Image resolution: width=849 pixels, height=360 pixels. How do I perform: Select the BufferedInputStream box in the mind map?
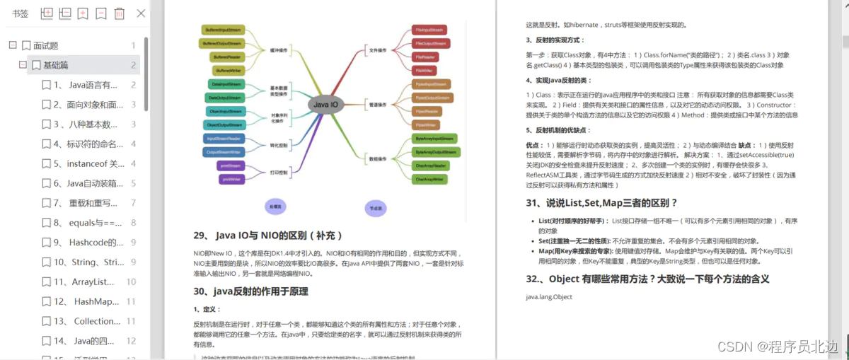click(223, 30)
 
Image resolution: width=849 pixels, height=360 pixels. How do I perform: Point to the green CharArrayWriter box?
click(429, 180)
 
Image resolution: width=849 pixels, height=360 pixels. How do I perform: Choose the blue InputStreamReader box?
click(224, 139)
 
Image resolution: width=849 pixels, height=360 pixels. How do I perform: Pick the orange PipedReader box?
click(429, 111)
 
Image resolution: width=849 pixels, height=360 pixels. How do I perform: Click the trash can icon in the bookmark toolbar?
click(120, 13)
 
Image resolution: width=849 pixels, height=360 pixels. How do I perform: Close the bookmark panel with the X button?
click(141, 13)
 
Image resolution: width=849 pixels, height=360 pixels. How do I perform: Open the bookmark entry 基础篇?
click(56, 65)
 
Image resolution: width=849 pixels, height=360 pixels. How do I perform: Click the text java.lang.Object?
click(549, 296)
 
